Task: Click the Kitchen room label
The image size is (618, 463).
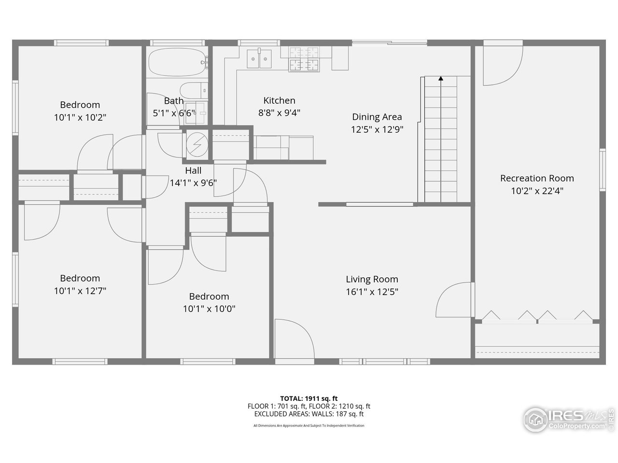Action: [x=279, y=100]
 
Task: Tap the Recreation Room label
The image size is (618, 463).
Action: [x=537, y=178]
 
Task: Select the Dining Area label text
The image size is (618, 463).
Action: [x=377, y=117]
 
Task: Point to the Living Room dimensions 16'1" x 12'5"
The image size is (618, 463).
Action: [x=372, y=291]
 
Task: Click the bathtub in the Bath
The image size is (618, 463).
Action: [x=177, y=63]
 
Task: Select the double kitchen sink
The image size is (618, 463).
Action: [x=259, y=59]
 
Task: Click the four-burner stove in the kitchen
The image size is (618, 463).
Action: [x=304, y=59]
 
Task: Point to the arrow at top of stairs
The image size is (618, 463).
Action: [x=440, y=78]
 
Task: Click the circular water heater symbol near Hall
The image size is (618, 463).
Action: [x=197, y=144]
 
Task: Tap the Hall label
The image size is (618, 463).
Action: [x=193, y=170]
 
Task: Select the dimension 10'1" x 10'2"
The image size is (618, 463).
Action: [x=80, y=117]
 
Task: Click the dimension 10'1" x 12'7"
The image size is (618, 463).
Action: [x=80, y=291]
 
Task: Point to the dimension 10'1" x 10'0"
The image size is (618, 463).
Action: [x=209, y=309]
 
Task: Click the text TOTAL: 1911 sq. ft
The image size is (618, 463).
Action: [x=309, y=398]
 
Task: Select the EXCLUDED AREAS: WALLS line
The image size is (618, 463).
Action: [x=309, y=414]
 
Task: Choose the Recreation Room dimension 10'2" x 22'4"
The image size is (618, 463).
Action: [x=537, y=191]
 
